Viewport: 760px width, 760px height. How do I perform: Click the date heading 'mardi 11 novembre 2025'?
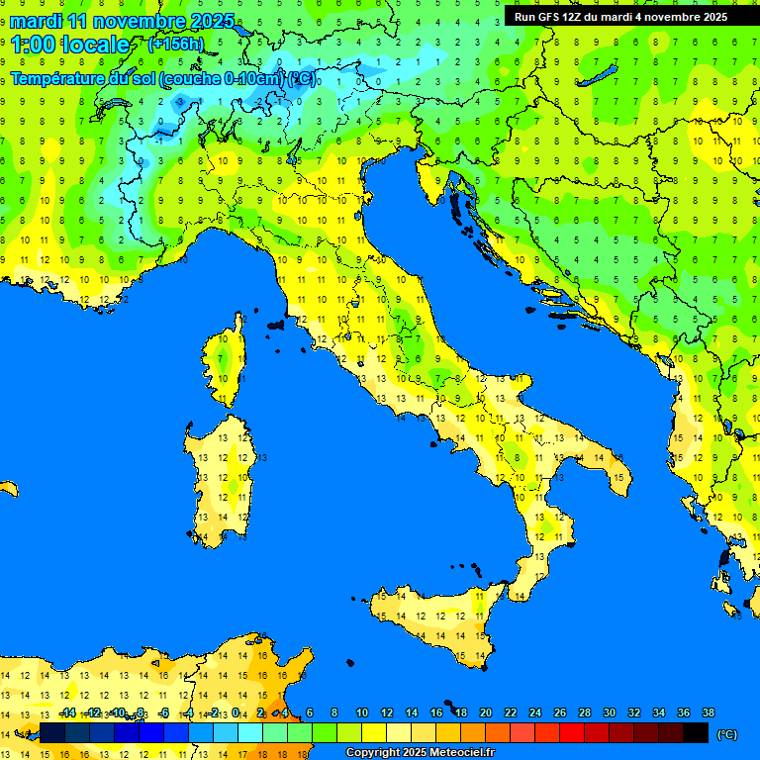tap(123, 21)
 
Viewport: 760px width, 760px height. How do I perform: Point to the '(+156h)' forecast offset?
tap(175, 44)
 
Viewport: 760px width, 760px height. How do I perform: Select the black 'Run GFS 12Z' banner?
tap(620, 16)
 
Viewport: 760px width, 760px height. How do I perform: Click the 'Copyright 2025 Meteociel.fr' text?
tap(420, 752)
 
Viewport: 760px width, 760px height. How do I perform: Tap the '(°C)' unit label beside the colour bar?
tap(726, 733)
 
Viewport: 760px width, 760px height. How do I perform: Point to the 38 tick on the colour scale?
tap(708, 712)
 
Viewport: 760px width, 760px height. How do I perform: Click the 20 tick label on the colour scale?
tap(485, 712)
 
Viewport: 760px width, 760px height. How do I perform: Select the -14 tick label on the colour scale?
tap(66, 712)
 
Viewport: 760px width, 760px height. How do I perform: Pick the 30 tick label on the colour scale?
tap(609, 712)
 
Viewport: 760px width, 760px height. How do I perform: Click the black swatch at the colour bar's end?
tap(696, 732)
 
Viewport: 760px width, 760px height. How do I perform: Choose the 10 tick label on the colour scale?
tap(361, 712)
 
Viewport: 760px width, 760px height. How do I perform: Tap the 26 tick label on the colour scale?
tap(559, 712)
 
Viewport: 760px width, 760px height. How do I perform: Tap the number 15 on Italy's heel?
tap(617, 478)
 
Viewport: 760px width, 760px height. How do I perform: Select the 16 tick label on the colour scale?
tap(435, 712)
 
